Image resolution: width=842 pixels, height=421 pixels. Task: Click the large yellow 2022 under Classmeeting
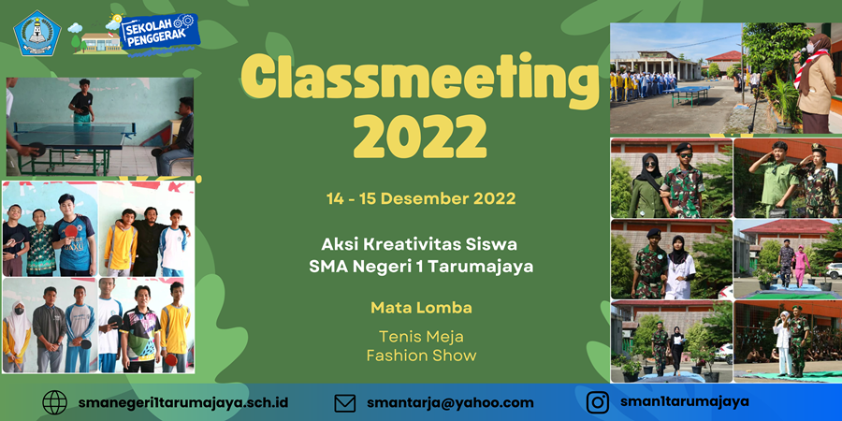420,133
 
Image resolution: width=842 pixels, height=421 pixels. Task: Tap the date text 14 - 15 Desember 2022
421,198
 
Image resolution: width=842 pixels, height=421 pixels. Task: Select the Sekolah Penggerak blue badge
159,32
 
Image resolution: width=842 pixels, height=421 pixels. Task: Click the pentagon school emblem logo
37,34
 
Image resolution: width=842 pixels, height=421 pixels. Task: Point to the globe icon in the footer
55,402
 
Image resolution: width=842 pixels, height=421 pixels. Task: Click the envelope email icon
344,402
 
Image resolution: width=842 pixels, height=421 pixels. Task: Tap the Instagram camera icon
597,402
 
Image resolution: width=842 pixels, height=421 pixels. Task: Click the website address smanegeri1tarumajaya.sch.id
183,402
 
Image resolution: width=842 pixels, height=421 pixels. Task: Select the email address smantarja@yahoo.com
451,403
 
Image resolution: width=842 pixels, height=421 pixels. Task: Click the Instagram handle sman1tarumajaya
685,401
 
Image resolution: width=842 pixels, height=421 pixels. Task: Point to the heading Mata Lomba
421,308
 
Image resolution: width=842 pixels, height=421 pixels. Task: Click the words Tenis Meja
421,337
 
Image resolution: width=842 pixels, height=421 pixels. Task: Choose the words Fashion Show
421,356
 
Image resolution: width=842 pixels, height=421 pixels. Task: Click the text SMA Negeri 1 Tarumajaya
421,267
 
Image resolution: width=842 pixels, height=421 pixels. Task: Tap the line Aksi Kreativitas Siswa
421,245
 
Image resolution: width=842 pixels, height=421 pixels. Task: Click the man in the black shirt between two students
146,241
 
